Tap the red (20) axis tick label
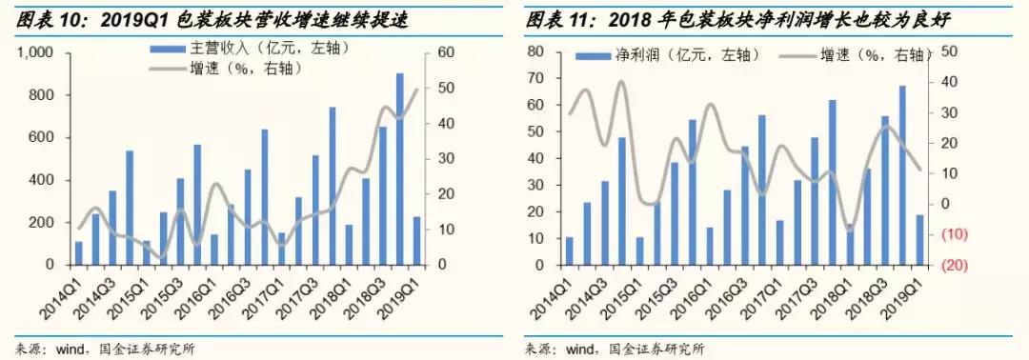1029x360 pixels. point(954,265)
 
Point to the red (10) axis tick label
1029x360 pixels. point(954,234)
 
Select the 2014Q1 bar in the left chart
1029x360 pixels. point(79,252)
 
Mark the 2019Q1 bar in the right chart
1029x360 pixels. point(919,239)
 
